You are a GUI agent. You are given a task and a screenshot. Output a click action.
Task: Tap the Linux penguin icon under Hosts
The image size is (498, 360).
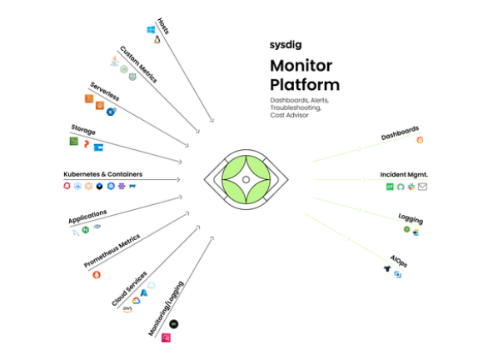(x=156, y=39)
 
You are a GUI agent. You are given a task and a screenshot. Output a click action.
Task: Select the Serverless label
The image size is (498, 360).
(x=106, y=93)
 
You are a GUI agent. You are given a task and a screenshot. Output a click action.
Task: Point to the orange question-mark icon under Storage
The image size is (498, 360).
(x=86, y=144)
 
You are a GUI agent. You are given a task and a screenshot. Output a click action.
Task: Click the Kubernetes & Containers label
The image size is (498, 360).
(x=102, y=174)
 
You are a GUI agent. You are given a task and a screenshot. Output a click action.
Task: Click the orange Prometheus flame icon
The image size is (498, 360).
(x=97, y=275)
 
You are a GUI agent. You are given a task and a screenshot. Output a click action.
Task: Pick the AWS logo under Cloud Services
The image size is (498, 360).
(x=127, y=309)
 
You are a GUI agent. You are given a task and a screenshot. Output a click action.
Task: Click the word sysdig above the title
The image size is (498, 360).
(x=285, y=46)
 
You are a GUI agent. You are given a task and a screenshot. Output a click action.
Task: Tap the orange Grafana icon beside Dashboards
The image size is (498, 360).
(x=420, y=139)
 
